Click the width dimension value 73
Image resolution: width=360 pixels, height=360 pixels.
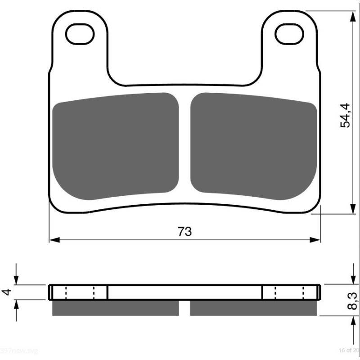click(184, 231)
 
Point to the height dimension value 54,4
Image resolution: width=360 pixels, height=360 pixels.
click(345, 115)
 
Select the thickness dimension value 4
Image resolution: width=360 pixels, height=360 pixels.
click(6, 292)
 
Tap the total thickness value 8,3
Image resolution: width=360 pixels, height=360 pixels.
click(353, 301)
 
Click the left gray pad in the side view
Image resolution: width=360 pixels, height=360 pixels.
click(115, 308)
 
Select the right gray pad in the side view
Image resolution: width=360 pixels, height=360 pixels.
click(255, 308)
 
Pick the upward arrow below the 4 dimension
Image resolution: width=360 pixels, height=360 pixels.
click(16, 305)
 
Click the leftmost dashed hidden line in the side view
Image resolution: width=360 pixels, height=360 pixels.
click(66, 292)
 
